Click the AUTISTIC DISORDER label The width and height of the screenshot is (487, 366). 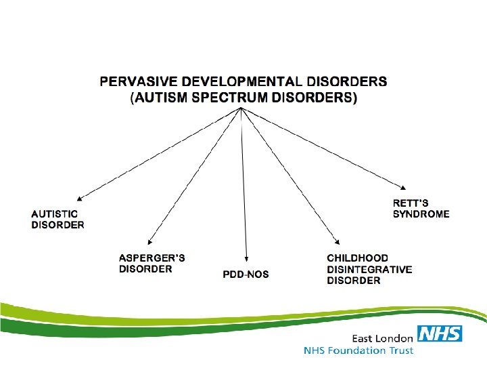click(x=58, y=220)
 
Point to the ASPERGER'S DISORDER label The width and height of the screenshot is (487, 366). click(x=152, y=264)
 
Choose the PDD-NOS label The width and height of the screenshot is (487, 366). click(x=246, y=274)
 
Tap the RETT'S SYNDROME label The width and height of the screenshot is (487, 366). click(x=421, y=209)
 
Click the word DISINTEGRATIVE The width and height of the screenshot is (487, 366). click(x=369, y=269)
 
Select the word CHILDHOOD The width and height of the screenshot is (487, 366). click(x=358, y=258)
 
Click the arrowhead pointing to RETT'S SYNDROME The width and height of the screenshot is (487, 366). click(x=404, y=188)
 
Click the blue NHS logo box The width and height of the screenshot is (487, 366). click(x=440, y=333)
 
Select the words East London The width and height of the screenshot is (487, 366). click(x=381, y=338)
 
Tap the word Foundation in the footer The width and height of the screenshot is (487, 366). click(x=361, y=350)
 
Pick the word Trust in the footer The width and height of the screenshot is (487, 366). click(x=400, y=350)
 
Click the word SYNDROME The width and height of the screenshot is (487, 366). click(x=421, y=214)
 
